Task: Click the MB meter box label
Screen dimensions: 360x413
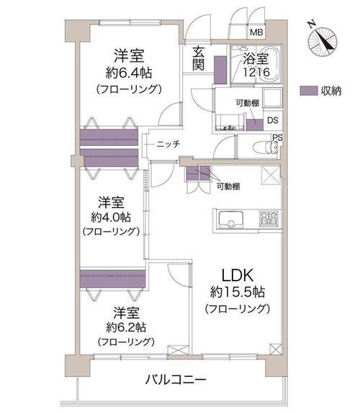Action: (256, 32)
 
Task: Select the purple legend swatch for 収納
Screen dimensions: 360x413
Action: (309, 91)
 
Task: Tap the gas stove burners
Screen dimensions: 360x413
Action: (269, 219)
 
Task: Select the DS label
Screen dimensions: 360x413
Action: (272, 120)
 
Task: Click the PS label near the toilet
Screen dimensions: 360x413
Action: (277, 137)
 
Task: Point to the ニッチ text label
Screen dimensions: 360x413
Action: (168, 144)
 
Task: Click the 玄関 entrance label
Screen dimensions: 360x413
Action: (198, 58)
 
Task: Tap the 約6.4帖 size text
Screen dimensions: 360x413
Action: (129, 73)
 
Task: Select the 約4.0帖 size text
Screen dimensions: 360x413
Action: (111, 217)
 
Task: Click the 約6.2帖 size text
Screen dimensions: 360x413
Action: (126, 327)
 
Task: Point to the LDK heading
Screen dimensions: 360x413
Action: (238, 276)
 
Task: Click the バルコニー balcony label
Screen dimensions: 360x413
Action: (176, 380)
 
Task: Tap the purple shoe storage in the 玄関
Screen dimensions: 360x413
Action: (220, 70)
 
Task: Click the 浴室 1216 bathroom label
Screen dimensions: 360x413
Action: (256, 65)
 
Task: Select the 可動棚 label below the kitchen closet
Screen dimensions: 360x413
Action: (228, 186)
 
